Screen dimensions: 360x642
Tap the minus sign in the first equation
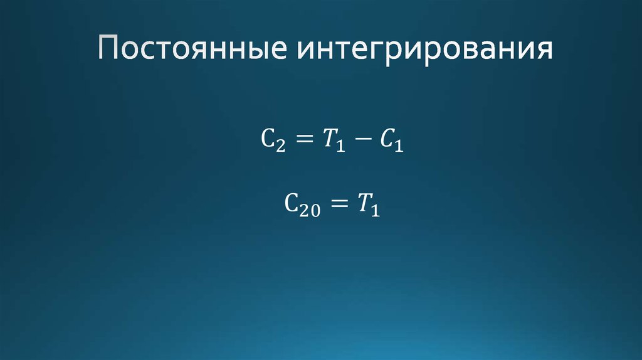pos(362,142)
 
